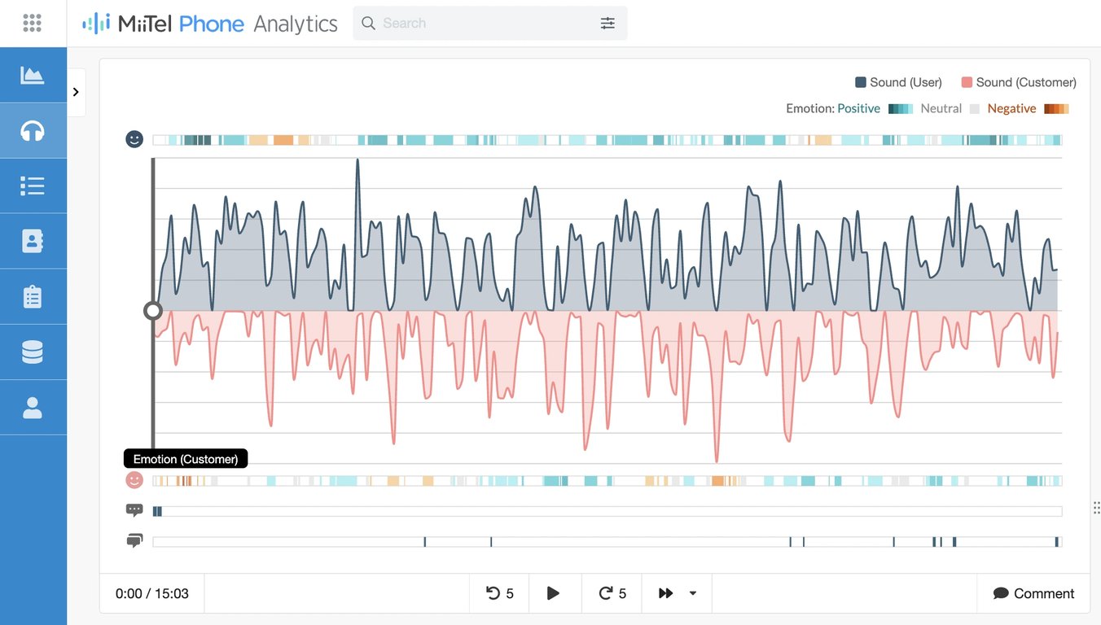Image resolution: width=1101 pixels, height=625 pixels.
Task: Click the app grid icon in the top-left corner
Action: pyautogui.click(x=33, y=23)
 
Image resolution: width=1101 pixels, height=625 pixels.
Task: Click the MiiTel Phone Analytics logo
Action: pyautogui.click(x=209, y=24)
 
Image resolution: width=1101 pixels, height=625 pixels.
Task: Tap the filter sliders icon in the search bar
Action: pyautogui.click(x=608, y=24)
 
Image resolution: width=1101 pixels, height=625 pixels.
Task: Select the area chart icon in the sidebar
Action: pyautogui.click(x=33, y=76)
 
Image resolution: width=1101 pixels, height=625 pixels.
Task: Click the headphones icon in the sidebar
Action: pyautogui.click(x=33, y=131)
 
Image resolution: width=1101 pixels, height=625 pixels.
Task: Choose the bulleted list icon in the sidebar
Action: pyautogui.click(x=33, y=186)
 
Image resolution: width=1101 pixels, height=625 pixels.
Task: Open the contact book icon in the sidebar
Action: pyautogui.click(x=33, y=242)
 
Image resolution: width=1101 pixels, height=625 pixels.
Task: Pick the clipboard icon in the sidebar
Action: pyautogui.click(x=33, y=297)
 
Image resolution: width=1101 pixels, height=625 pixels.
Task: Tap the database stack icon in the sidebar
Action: pyautogui.click(x=33, y=352)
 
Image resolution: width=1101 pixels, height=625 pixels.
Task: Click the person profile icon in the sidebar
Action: pyautogui.click(x=33, y=408)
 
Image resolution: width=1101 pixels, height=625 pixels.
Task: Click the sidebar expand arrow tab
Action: pyautogui.click(x=76, y=92)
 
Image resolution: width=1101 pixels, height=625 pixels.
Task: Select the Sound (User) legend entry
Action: pyautogui.click(x=898, y=82)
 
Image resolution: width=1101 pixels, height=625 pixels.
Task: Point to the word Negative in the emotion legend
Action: pyautogui.click(x=1011, y=108)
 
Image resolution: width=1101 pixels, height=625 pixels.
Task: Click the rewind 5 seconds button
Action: pyautogui.click(x=499, y=593)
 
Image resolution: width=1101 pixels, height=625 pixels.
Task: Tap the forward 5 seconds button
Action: pyautogui.click(x=612, y=593)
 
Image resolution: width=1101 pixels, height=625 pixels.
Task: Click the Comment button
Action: pyautogui.click(x=1033, y=593)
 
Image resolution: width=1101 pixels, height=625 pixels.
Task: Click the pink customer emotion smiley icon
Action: pyautogui.click(x=134, y=480)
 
